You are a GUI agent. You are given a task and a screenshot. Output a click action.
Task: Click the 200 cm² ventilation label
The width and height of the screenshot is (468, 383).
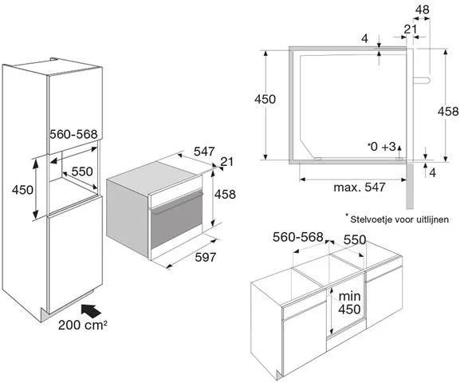83,325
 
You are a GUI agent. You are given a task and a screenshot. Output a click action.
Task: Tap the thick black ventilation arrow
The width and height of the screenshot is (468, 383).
91,311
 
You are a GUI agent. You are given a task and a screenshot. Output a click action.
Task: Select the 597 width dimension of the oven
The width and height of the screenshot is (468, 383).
205,257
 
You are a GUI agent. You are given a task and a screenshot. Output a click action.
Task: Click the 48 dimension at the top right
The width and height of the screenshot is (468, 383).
423,10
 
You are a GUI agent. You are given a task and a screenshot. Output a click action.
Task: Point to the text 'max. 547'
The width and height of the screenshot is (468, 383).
360,188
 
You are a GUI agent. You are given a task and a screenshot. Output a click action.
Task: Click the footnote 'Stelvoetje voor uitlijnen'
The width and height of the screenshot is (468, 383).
399,219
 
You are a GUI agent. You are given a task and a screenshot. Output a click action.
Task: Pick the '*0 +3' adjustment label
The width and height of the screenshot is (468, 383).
382,147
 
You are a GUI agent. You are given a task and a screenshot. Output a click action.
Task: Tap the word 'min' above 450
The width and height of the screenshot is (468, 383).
349,296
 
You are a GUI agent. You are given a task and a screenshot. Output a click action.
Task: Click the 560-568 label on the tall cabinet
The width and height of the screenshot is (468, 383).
73,134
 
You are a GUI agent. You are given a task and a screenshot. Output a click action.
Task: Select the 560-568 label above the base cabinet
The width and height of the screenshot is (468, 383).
298,237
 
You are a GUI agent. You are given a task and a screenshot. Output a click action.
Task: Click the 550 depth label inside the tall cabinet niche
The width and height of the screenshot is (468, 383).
82,172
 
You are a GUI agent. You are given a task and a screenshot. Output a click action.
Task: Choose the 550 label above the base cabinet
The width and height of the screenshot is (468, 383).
355,239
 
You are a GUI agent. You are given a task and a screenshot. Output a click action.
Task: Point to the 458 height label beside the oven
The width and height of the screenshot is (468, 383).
225,194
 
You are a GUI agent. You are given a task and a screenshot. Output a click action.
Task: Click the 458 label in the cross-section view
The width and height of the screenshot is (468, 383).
448,111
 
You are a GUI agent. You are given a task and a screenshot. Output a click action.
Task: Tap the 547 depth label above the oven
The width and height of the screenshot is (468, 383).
204,152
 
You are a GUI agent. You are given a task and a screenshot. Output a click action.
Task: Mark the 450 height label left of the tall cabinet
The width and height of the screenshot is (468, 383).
22,189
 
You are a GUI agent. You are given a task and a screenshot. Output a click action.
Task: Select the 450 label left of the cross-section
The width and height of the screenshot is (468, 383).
265,99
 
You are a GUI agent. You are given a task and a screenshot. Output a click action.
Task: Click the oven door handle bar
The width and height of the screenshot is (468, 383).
178,203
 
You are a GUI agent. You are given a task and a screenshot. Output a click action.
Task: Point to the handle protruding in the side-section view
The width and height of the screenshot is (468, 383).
422,80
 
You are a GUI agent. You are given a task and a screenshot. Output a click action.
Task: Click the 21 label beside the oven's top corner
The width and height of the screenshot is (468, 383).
227,162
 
